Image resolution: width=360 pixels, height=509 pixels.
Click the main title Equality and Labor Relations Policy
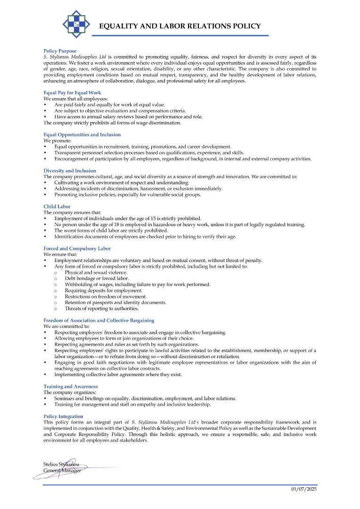(x=180, y=26)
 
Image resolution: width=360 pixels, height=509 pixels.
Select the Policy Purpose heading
(x=60, y=51)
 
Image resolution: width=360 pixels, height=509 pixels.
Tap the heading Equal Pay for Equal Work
(x=72, y=93)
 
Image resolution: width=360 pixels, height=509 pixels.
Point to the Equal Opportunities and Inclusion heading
(x=82, y=135)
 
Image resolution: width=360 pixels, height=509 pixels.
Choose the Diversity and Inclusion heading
(x=70, y=171)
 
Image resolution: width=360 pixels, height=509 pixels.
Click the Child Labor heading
(x=57, y=206)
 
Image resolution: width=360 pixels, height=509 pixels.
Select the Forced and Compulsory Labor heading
(x=77, y=248)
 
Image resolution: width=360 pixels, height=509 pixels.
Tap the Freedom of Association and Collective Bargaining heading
(x=99, y=320)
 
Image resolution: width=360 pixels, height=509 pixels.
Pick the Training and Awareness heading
(x=71, y=386)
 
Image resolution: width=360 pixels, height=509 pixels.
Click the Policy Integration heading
(x=63, y=417)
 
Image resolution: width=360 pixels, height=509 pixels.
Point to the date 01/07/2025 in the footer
(x=304, y=490)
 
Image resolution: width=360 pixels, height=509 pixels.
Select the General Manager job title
(x=62, y=470)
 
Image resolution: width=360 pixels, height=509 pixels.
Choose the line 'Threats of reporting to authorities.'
(x=102, y=309)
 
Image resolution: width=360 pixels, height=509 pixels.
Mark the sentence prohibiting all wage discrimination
(x=112, y=123)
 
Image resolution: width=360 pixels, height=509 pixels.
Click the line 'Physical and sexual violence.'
(x=96, y=272)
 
